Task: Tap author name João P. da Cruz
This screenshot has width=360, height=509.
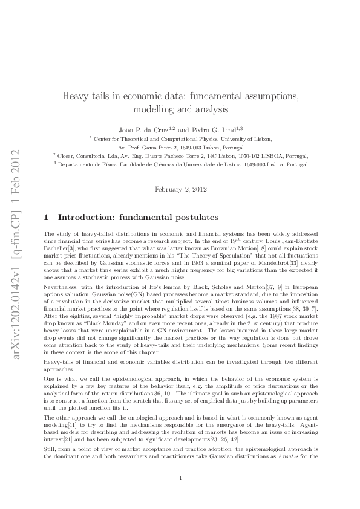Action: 137,130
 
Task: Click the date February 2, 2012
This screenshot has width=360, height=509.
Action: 180,189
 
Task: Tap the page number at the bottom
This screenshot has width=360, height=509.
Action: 180,479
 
